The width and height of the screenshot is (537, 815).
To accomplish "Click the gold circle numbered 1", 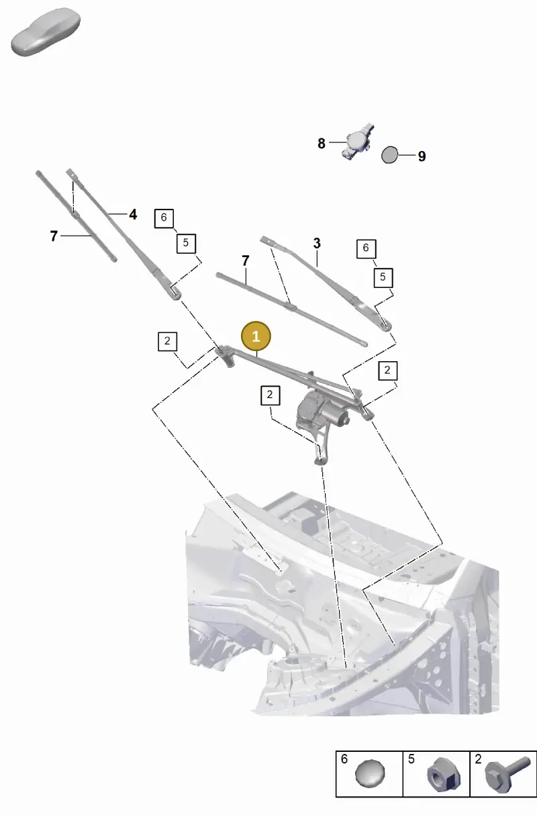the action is coord(256,336).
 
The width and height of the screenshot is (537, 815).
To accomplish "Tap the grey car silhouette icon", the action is coord(46,32).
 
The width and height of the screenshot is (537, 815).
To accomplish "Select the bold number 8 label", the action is coord(322,144).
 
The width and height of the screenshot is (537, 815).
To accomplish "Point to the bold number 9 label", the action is coord(422,156).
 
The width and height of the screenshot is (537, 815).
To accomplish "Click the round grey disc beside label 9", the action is coord(389,155).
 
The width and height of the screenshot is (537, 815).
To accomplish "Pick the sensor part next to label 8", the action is coord(357,142).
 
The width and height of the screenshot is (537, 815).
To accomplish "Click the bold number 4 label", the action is coord(133,214).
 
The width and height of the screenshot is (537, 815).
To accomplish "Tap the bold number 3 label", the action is coord(317,244).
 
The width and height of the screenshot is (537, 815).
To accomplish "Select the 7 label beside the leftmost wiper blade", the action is coord(54,236).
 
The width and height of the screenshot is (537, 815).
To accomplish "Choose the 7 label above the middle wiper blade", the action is coord(246,260).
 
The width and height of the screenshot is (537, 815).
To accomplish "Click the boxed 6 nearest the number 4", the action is coord(164,218).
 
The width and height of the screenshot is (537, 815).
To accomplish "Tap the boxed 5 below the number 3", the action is coord(383,277).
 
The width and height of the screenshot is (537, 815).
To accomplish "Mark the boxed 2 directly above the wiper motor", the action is coord(271,395).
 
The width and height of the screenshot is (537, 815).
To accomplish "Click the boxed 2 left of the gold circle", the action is coord(167,341).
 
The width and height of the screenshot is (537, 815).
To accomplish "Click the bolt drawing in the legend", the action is coord(507,775).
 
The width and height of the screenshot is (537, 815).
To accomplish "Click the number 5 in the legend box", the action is coord(411,759).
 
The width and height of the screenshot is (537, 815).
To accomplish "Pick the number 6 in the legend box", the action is coord(344,759).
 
